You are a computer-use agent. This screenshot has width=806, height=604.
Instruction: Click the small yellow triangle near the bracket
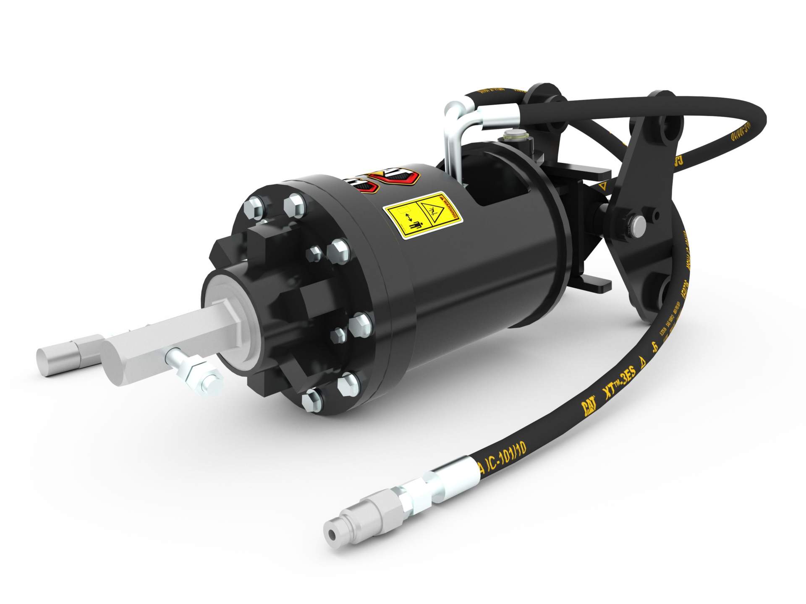tap(603, 185)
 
